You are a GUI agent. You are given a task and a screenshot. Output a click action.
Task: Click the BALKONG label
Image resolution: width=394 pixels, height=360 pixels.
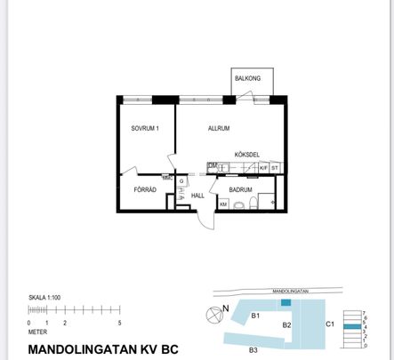tap(248, 78)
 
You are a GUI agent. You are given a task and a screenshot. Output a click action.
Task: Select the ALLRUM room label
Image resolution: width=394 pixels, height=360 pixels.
tap(219, 129)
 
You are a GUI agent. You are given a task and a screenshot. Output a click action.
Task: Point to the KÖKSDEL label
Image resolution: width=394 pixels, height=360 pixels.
tap(246, 154)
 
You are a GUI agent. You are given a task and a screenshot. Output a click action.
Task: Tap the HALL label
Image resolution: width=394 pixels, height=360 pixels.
tap(197, 196)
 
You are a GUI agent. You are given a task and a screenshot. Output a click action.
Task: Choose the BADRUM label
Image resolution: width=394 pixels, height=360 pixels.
tap(240, 189)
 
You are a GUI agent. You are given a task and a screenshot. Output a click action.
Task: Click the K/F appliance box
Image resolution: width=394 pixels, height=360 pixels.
tap(264, 167)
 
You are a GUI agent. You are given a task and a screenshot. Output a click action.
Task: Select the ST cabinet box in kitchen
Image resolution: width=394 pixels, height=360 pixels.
tap(276, 167)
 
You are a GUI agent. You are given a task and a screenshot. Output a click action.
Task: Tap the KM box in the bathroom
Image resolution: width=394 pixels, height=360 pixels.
tap(223, 204)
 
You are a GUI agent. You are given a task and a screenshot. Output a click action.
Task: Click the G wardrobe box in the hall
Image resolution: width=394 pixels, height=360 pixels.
tap(181, 181)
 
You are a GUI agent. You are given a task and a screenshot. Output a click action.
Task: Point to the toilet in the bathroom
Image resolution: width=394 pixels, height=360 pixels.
tap(253, 204)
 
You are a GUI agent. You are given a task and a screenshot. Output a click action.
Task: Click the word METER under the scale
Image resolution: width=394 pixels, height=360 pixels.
tap(38, 331)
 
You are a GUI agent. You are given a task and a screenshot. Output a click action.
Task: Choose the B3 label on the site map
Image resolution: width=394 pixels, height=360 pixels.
tap(253, 349)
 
